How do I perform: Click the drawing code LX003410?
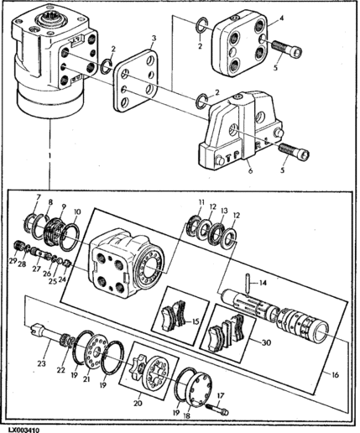click(23, 430)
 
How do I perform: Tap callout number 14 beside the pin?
click(263, 284)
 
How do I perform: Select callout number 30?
click(266, 342)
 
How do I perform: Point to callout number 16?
click(335, 374)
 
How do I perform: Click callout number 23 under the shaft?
click(42, 364)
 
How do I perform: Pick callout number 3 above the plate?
click(154, 39)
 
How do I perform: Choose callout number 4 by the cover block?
click(281, 19)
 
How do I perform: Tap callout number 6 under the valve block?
click(251, 170)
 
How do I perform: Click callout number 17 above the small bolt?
click(221, 396)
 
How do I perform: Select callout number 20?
click(138, 404)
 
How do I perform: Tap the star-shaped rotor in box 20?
click(138, 367)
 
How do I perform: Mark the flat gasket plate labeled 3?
click(136, 81)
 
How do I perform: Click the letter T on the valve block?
click(228, 159)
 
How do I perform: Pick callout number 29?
click(13, 261)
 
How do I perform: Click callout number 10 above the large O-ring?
click(77, 211)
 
